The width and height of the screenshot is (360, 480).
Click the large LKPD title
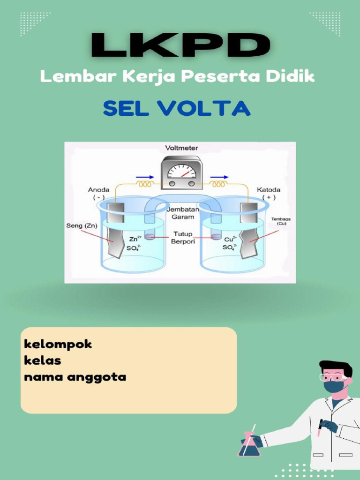(180, 46)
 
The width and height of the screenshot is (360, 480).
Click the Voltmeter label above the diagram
(181, 148)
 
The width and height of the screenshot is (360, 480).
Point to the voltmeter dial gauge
(181, 171)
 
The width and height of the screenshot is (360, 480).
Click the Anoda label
(98, 190)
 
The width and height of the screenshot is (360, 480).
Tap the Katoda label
(269, 190)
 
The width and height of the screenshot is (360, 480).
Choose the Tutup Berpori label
(182, 238)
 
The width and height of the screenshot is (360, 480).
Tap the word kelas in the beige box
(43, 361)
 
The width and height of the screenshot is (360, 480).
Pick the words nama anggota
(75, 377)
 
